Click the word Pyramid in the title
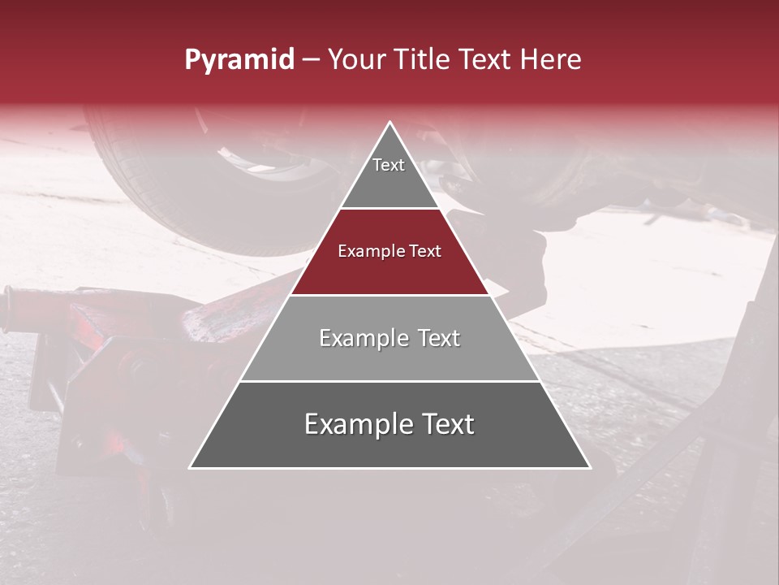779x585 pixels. tap(239, 60)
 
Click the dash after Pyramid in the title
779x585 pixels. tap(310, 60)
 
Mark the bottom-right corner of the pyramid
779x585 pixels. tap(590, 467)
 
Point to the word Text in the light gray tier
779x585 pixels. tap(435, 338)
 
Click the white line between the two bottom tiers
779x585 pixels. tap(389, 381)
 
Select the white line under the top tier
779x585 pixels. tap(389, 208)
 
